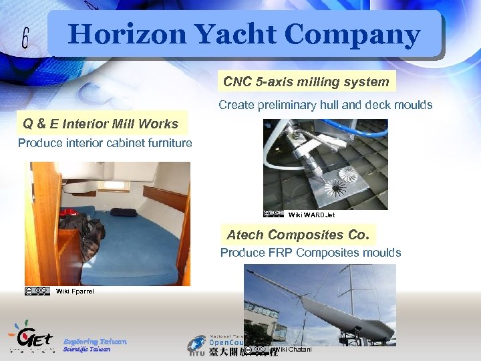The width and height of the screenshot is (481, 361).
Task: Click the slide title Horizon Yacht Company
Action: coord(244,34)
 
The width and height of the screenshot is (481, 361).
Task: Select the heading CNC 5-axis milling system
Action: coord(306,82)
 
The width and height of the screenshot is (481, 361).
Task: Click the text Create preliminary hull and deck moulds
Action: coord(325,105)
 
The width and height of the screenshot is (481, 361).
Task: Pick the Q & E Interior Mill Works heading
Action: coord(100,124)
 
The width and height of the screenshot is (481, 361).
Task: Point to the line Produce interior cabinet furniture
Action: coord(105,143)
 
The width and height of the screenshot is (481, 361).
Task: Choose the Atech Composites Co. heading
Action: coord(297,235)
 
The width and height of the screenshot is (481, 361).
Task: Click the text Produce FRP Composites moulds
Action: coord(311,253)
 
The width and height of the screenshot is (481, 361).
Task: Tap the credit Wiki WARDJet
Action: coord(311,215)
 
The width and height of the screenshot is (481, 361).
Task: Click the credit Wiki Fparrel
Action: coord(75,291)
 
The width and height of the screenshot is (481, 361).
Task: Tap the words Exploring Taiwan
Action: coord(94,341)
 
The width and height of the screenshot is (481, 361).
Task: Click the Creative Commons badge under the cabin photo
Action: coord(37,291)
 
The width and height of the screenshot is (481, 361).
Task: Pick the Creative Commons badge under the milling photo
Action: coord(275,214)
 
